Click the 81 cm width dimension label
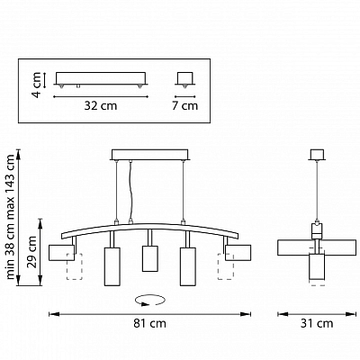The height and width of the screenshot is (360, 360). (149, 323)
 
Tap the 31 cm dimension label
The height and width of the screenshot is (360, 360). (317, 323)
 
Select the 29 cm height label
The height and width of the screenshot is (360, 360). (31, 251)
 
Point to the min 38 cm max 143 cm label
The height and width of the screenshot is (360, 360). (11, 217)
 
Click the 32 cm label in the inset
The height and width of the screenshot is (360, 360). (101, 105)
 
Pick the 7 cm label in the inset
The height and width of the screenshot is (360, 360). (184, 105)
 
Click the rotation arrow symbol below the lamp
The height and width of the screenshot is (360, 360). (150, 301)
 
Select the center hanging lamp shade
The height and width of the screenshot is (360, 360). (150, 258)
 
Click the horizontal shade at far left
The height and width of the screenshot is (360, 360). (61, 253)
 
